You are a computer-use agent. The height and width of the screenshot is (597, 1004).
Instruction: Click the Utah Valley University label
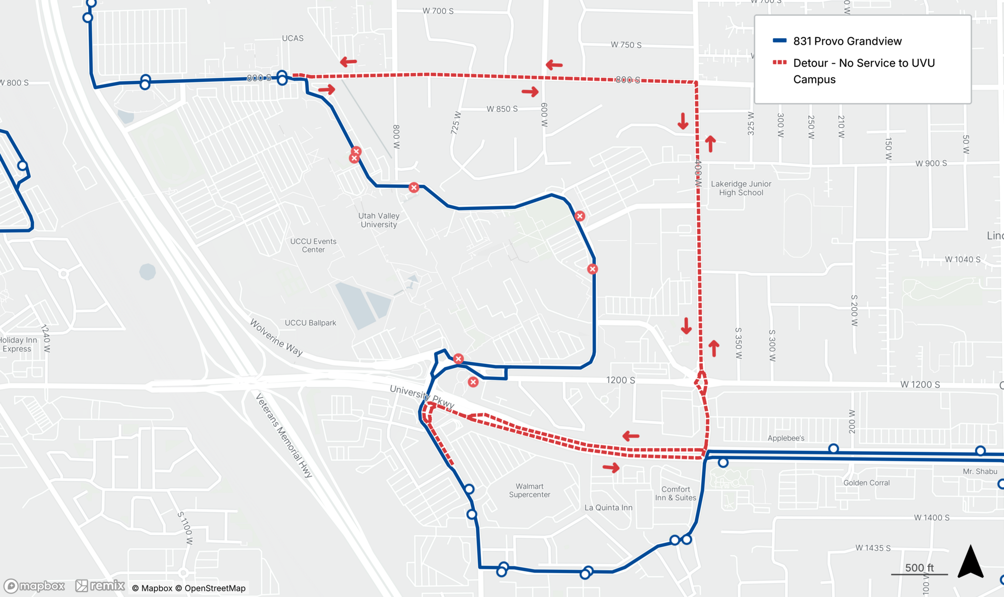coord(379,220)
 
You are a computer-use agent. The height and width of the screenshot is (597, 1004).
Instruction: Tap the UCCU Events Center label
coord(313,246)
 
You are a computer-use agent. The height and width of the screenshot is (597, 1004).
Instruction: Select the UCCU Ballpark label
coord(310,323)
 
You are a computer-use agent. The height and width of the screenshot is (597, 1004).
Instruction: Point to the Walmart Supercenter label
coord(529,491)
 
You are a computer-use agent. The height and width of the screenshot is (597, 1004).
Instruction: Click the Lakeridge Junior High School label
coord(741,188)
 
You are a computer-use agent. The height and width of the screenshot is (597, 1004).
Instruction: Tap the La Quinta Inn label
coord(608,508)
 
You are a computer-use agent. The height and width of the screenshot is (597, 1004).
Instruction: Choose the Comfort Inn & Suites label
coord(675,494)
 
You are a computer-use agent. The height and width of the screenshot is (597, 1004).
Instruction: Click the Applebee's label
coord(786,438)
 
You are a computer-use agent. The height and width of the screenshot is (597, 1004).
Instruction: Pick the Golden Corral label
coord(866,483)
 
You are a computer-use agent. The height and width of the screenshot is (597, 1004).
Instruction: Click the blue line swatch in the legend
coord(779,41)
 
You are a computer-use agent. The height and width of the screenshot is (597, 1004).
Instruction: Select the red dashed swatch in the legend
coord(779,63)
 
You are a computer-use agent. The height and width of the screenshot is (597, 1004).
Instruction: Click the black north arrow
coord(970,562)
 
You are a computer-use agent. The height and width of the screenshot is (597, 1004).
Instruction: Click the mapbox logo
coord(35,586)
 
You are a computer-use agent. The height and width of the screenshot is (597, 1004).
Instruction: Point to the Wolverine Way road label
coord(276,337)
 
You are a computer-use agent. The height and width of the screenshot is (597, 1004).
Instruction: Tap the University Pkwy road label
coord(422,397)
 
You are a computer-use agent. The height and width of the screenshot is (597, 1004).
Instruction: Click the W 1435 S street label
coord(873,548)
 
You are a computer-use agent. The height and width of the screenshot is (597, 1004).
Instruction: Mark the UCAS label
coord(293,38)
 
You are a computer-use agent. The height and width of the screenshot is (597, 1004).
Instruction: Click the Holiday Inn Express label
coord(17,344)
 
